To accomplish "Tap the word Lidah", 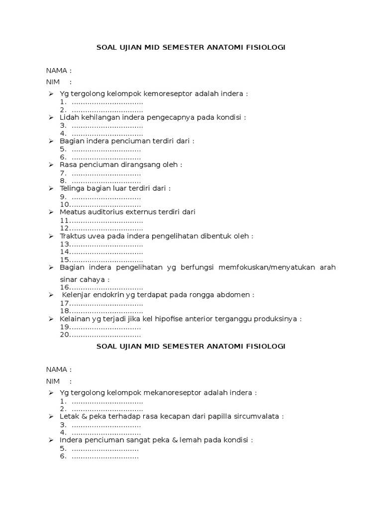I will [x=69, y=117].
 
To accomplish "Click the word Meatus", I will [x=72, y=212].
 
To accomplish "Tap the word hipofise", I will [x=165, y=319].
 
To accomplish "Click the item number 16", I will [x=64, y=287].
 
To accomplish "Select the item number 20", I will [x=64, y=335].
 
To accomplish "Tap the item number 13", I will [x=64, y=244].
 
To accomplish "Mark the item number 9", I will [x=63, y=197].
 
